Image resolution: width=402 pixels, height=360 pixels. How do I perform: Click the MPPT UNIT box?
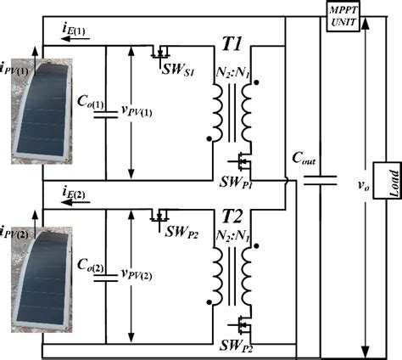345,15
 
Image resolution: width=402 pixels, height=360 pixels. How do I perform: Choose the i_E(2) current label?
73,201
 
